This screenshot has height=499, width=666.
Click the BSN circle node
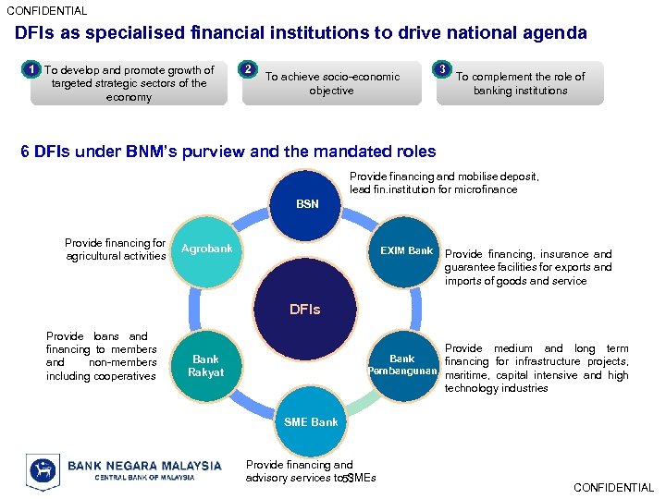pyautogui.click(x=307, y=204)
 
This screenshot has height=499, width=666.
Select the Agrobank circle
pyautogui.click(x=206, y=250)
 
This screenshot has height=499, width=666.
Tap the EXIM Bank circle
pyautogui.click(x=406, y=250)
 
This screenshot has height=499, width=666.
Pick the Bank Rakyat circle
pyautogui.click(x=206, y=366)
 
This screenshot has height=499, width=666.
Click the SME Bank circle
pyautogui.click(x=311, y=422)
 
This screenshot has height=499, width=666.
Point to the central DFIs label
pyautogui.click(x=305, y=310)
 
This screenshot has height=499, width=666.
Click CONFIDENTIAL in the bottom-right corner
pyautogui.click(x=613, y=487)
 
